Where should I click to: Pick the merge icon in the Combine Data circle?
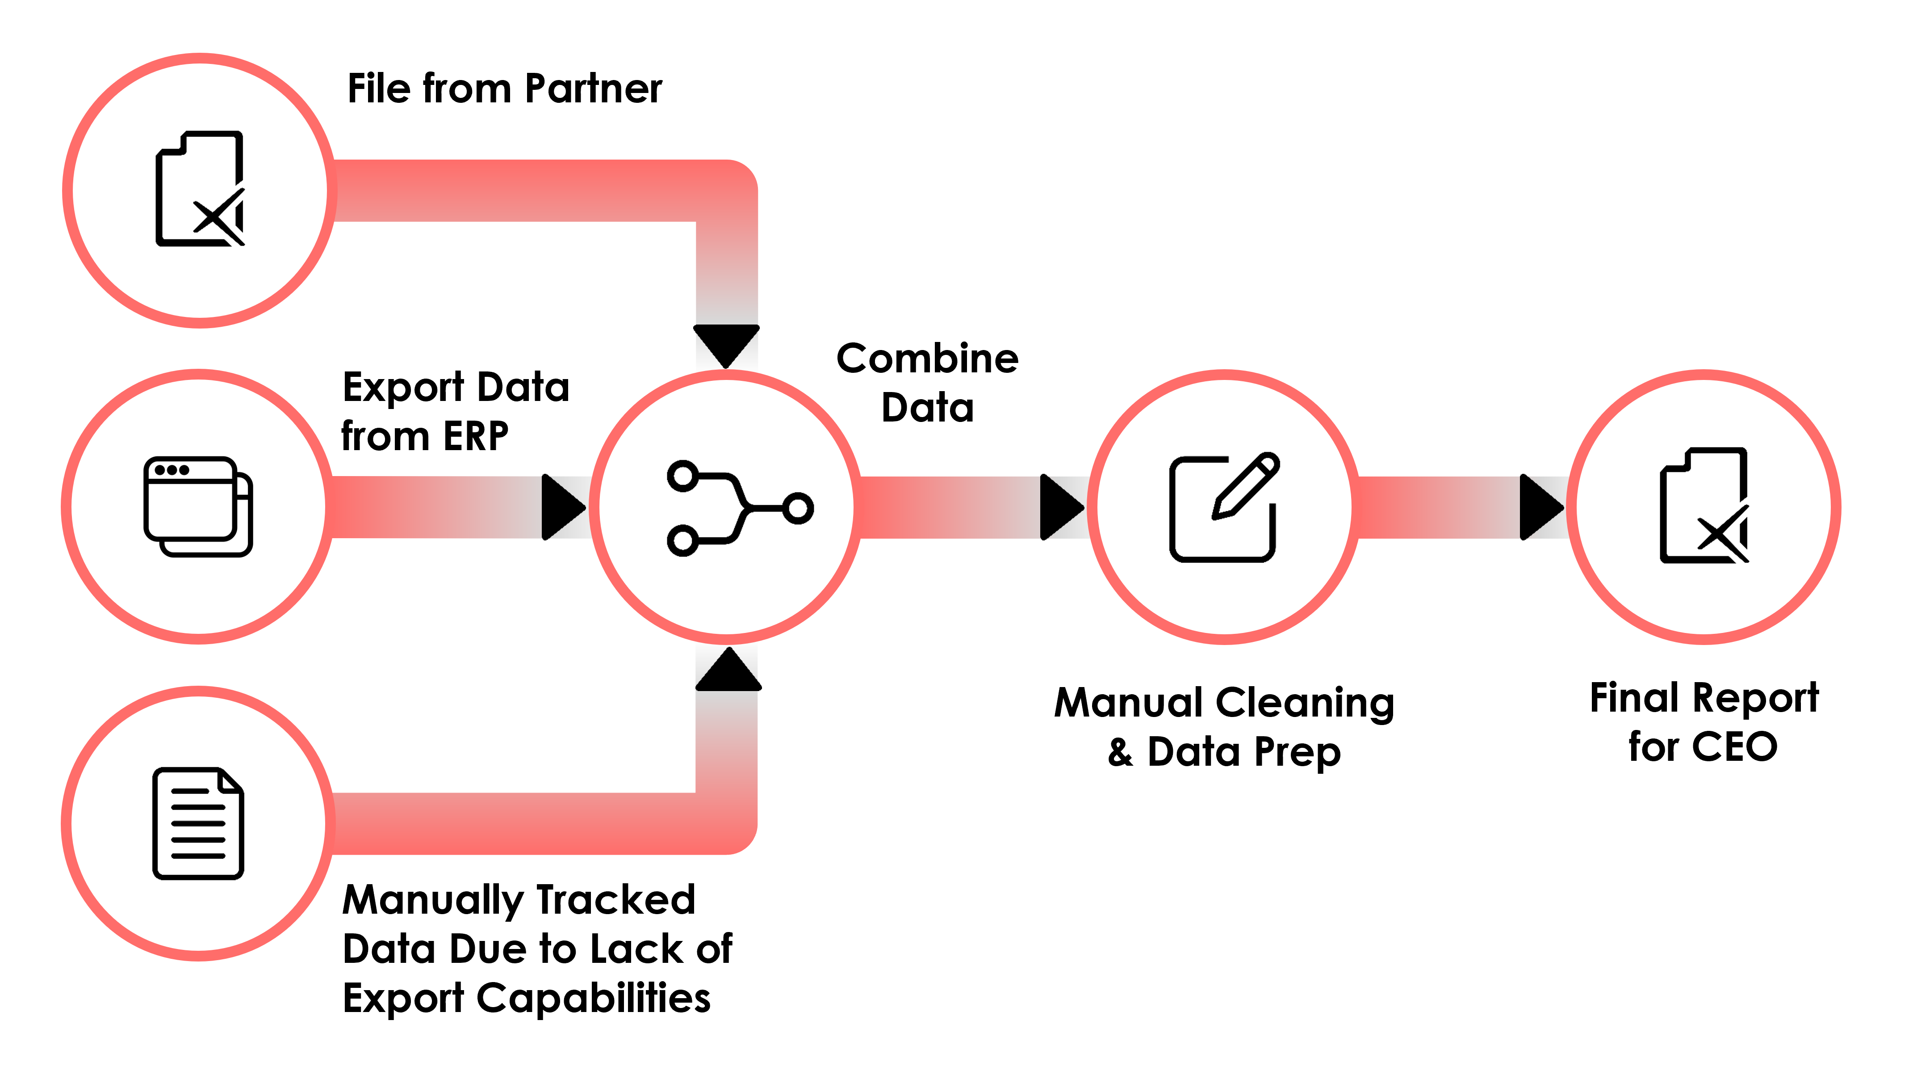pos(740,507)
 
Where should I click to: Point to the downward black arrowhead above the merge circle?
pos(726,344)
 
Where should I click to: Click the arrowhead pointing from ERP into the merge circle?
pos(562,507)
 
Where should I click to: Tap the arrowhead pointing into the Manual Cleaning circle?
pos(1060,507)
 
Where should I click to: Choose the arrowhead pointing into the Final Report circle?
pos(1540,507)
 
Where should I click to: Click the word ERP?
pos(476,436)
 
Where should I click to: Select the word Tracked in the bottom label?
pos(615,900)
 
